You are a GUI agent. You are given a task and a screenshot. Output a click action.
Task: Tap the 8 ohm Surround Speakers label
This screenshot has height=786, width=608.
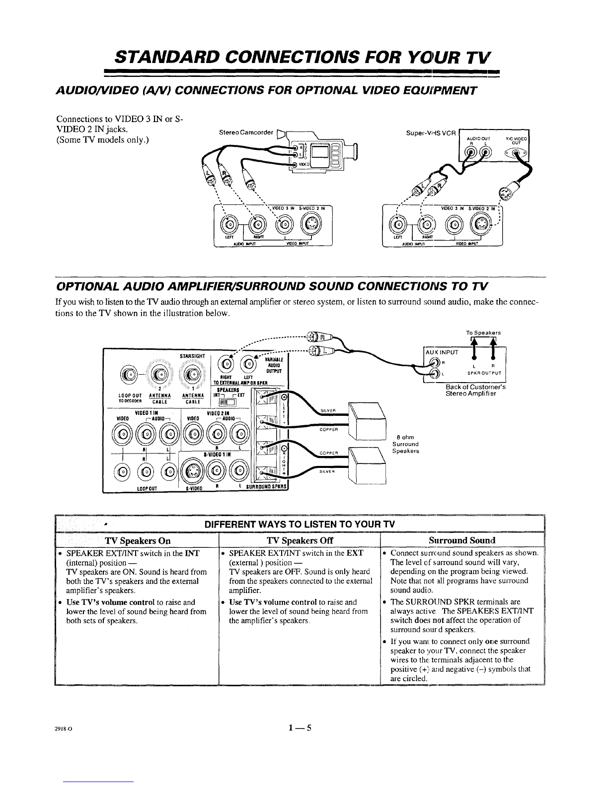tap(405, 444)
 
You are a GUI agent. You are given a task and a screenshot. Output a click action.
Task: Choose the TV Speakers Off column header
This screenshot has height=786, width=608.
tap(300, 540)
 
